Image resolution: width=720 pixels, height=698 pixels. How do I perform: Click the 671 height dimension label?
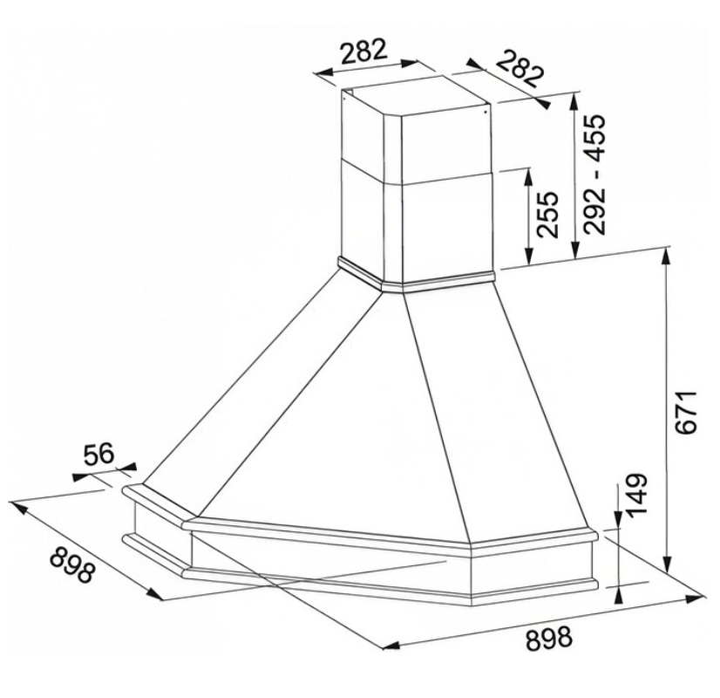click(687, 412)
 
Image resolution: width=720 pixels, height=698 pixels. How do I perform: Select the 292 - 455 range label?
click(595, 174)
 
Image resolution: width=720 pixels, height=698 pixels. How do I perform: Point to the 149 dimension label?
click(635, 496)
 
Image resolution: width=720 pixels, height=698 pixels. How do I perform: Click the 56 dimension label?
click(98, 455)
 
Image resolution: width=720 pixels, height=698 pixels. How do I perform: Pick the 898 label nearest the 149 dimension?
click(549, 639)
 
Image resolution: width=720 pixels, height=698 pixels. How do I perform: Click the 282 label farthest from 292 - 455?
click(363, 51)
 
